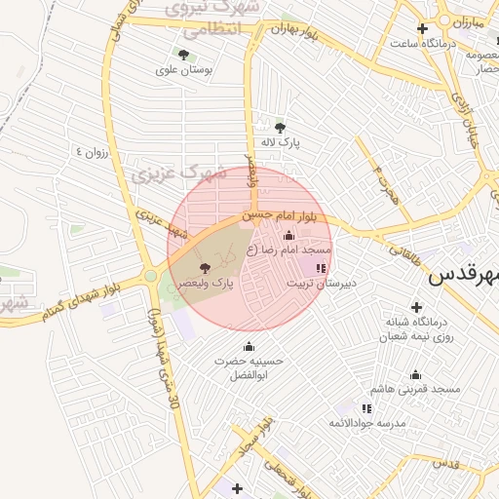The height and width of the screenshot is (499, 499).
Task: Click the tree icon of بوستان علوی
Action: (x=183, y=54)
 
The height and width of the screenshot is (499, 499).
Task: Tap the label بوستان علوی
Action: (x=183, y=70)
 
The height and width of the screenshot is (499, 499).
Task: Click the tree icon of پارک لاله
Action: (x=281, y=127)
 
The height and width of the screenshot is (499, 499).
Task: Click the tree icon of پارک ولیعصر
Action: (x=204, y=267)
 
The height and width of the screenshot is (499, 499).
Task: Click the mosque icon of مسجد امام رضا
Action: (x=288, y=235)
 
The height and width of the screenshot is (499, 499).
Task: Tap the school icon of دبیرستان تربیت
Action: (x=322, y=267)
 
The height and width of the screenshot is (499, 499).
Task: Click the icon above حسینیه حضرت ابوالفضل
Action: (x=249, y=346)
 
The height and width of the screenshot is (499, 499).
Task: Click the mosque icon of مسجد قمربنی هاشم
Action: (x=416, y=374)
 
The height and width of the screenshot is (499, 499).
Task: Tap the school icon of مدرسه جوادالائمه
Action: (x=366, y=408)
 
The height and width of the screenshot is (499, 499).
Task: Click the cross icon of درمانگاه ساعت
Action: (x=421, y=28)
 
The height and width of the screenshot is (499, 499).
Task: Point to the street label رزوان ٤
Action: (x=94, y=152)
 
